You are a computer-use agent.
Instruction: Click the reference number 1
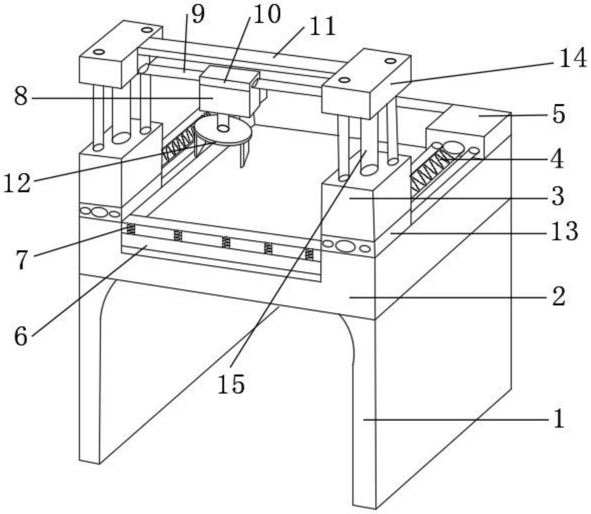(559, 419)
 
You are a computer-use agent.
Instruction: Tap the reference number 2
(559, 296)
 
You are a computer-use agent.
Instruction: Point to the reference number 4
(557, 160)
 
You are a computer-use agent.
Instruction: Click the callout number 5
(559, 115)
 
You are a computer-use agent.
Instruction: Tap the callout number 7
(22, 259)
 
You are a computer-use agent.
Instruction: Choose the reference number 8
(21, 97)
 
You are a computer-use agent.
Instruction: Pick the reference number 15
(231, 384)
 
